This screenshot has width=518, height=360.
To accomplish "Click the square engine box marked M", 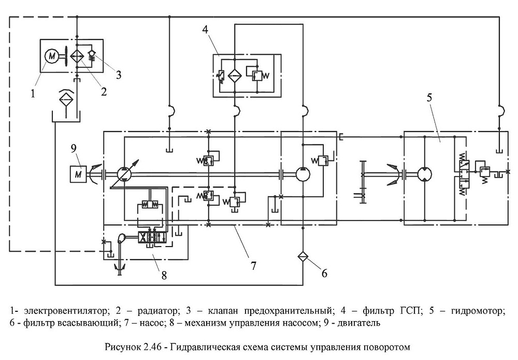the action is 78,174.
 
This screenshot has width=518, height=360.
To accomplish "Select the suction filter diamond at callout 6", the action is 303,256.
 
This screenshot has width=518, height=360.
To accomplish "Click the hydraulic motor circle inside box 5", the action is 425,174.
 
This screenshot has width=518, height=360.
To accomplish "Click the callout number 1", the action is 33,94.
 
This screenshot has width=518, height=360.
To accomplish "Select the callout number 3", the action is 119,75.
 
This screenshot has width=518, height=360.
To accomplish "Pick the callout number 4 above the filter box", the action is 206,30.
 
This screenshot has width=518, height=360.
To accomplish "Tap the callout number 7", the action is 253,265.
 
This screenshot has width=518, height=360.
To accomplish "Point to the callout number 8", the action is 164,275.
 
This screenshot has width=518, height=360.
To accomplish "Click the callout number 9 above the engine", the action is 74,148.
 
